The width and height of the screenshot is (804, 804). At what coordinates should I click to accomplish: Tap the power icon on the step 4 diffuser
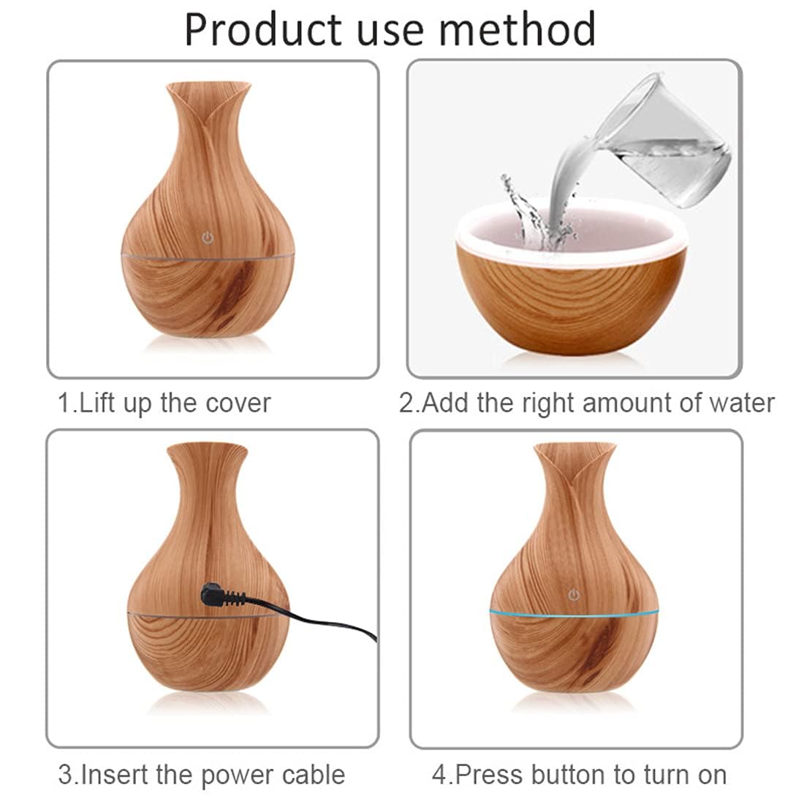(574, 595)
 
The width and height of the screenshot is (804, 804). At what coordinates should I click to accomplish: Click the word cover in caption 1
(237, 403)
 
